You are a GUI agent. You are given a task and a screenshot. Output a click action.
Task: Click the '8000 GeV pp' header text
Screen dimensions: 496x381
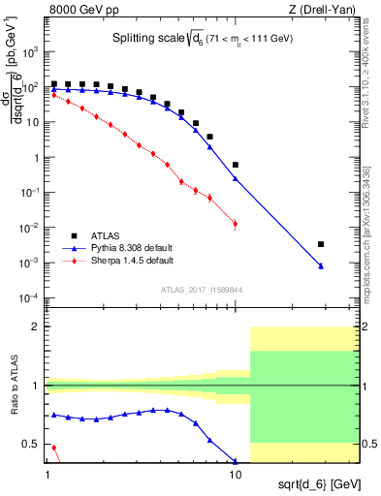(80, 10)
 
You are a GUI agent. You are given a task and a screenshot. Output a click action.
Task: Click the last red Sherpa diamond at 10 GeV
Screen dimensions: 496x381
(235, 225)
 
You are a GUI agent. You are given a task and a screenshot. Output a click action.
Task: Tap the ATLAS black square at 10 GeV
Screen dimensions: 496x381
(235, 165)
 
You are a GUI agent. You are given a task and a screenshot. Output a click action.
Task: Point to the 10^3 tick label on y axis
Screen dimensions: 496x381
(31, 52)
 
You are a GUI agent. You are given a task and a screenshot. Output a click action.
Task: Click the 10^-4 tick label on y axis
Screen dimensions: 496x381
(30, 297)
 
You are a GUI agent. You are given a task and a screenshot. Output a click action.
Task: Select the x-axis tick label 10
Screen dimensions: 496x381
(235, 477)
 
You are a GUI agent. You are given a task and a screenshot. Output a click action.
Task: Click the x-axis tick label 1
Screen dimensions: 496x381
(48, 477)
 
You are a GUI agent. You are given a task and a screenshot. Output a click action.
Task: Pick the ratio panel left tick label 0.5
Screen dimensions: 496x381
(31, 445)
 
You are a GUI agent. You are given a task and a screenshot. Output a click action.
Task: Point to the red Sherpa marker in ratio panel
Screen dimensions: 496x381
(53, 449)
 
